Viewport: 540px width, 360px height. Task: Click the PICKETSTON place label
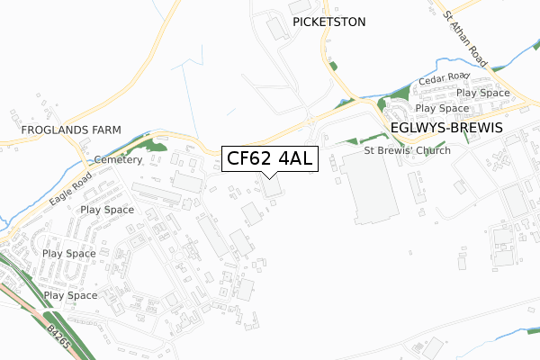(x=328, y=22)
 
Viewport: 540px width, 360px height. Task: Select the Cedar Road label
(x=444, y=78)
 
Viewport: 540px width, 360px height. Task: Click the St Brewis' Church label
(x=407, y=150)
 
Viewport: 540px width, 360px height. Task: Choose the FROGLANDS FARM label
(x=59, y=130)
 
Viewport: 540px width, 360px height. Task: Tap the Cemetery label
(x=118, y=159)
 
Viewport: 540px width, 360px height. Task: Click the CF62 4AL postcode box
(x=269, y=159)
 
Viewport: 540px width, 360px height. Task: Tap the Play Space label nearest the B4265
(x=70, y=295)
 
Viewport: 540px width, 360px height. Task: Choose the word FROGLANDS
(x=44, y=130)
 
